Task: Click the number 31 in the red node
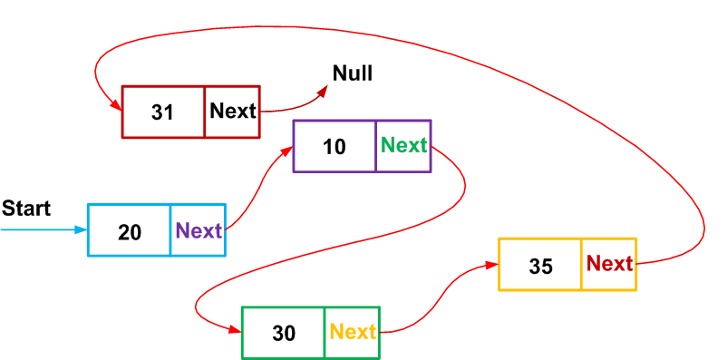point(162,112)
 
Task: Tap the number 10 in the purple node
point(334,147)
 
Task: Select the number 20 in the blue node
point(130,232)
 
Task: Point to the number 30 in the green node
point(284,334)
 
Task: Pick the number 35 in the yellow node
point(541,266)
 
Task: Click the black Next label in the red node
point(233,112)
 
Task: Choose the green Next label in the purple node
point(404,145)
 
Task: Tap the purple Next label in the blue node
point(199,230)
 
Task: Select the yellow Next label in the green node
point(353,332)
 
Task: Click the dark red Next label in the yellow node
point(609,264)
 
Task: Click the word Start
point(26,209)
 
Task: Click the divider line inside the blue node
point(170,230)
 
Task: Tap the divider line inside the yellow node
point(581,264)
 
